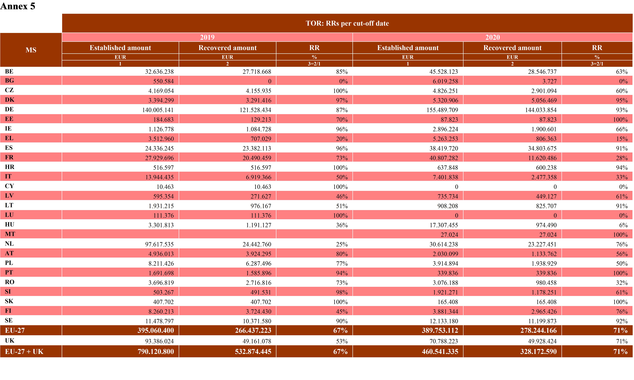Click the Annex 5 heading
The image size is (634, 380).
point(18,6)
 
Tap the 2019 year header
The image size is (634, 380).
point(207,37)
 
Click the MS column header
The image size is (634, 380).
point(31,50)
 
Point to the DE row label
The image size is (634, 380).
point(9,109)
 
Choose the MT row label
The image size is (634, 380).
point(10,234)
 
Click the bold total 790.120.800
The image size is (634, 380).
point(156,352)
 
